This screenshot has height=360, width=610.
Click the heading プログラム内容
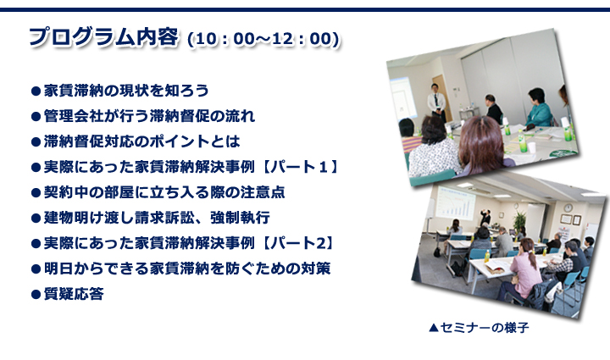(x=104, y=38)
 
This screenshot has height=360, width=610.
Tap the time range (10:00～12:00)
(x=263, y=39)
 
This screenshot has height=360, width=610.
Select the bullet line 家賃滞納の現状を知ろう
(x=126, y=91)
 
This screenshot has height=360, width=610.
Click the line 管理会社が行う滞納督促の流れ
(x=149, y=116)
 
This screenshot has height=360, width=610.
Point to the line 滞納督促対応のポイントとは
(x=141, y=141)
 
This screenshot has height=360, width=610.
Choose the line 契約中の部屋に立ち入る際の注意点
(x=164, y=192)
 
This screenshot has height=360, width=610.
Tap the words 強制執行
(x=240, y=218)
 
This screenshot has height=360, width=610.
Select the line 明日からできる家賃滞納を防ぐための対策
(x=187, y=269)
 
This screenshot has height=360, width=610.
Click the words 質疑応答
(x=74, y=294)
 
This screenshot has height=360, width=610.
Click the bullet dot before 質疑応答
(x=36, y=294)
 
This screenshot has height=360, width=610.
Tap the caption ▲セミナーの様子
(x=479, y=328)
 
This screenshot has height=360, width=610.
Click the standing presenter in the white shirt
(x=436, y=102)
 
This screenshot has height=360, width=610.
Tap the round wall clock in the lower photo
(x=568, y=208)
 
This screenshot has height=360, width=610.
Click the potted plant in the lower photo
(x=519, y=222)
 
